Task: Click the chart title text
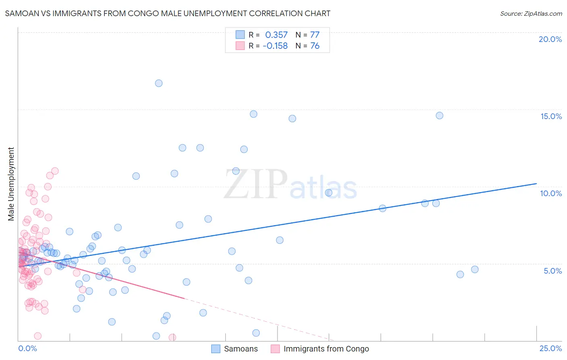pos(167,14)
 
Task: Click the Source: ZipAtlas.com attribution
pos(531,14)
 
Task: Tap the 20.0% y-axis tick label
pos(550,39)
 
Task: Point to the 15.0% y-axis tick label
pos(551,116)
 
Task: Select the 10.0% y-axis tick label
pos(551,193)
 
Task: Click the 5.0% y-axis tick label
pos(552,271)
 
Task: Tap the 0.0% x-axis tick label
pos(27,348)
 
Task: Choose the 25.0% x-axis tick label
pos(550,348)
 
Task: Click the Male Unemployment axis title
pos(11,184)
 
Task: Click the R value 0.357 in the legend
pos(276,35)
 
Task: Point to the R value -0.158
pos(275,46)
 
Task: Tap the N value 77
pos(315,35)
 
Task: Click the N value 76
pos(315,46)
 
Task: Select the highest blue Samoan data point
pos(159,83)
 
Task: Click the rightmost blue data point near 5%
pos(475,269)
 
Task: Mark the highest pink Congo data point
pos(55,171)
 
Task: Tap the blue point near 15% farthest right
pos(440,115)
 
